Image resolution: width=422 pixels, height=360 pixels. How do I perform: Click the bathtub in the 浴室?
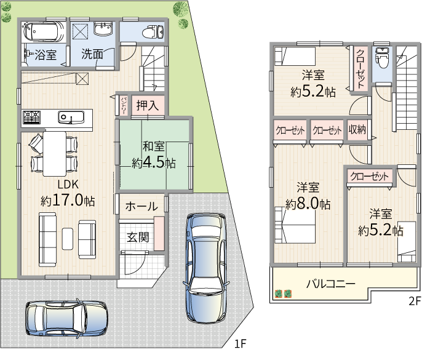point(44,31)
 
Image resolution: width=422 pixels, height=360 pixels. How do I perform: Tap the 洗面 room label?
point(92,54)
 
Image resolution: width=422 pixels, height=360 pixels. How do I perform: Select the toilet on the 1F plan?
point(153,32)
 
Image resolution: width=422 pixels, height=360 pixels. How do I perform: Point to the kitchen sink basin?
point(71,117)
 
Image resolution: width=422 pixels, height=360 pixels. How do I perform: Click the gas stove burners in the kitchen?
point(31,117)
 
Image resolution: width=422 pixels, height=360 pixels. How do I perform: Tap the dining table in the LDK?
point(55,154)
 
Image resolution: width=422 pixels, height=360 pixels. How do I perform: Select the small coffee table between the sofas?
point(68,239)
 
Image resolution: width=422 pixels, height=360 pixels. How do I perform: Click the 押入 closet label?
point(148,105)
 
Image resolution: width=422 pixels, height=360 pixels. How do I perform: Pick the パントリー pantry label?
point(123,106)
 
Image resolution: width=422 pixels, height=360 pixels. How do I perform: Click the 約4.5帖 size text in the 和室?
point(154,162)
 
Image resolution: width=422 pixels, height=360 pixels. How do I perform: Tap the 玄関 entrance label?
point(138,237)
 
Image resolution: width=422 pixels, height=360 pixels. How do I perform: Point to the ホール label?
point(141,206)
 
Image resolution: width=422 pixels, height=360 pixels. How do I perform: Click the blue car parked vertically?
point(207,268)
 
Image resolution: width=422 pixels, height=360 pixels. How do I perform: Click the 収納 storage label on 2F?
point(357,130)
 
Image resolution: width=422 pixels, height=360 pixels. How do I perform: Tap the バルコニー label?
point(331,284)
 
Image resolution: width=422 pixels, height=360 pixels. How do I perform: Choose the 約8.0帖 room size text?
point(308,204)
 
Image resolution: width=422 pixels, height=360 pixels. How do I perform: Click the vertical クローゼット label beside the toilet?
point(360,69)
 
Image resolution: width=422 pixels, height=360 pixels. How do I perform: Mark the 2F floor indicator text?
point(415,301)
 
